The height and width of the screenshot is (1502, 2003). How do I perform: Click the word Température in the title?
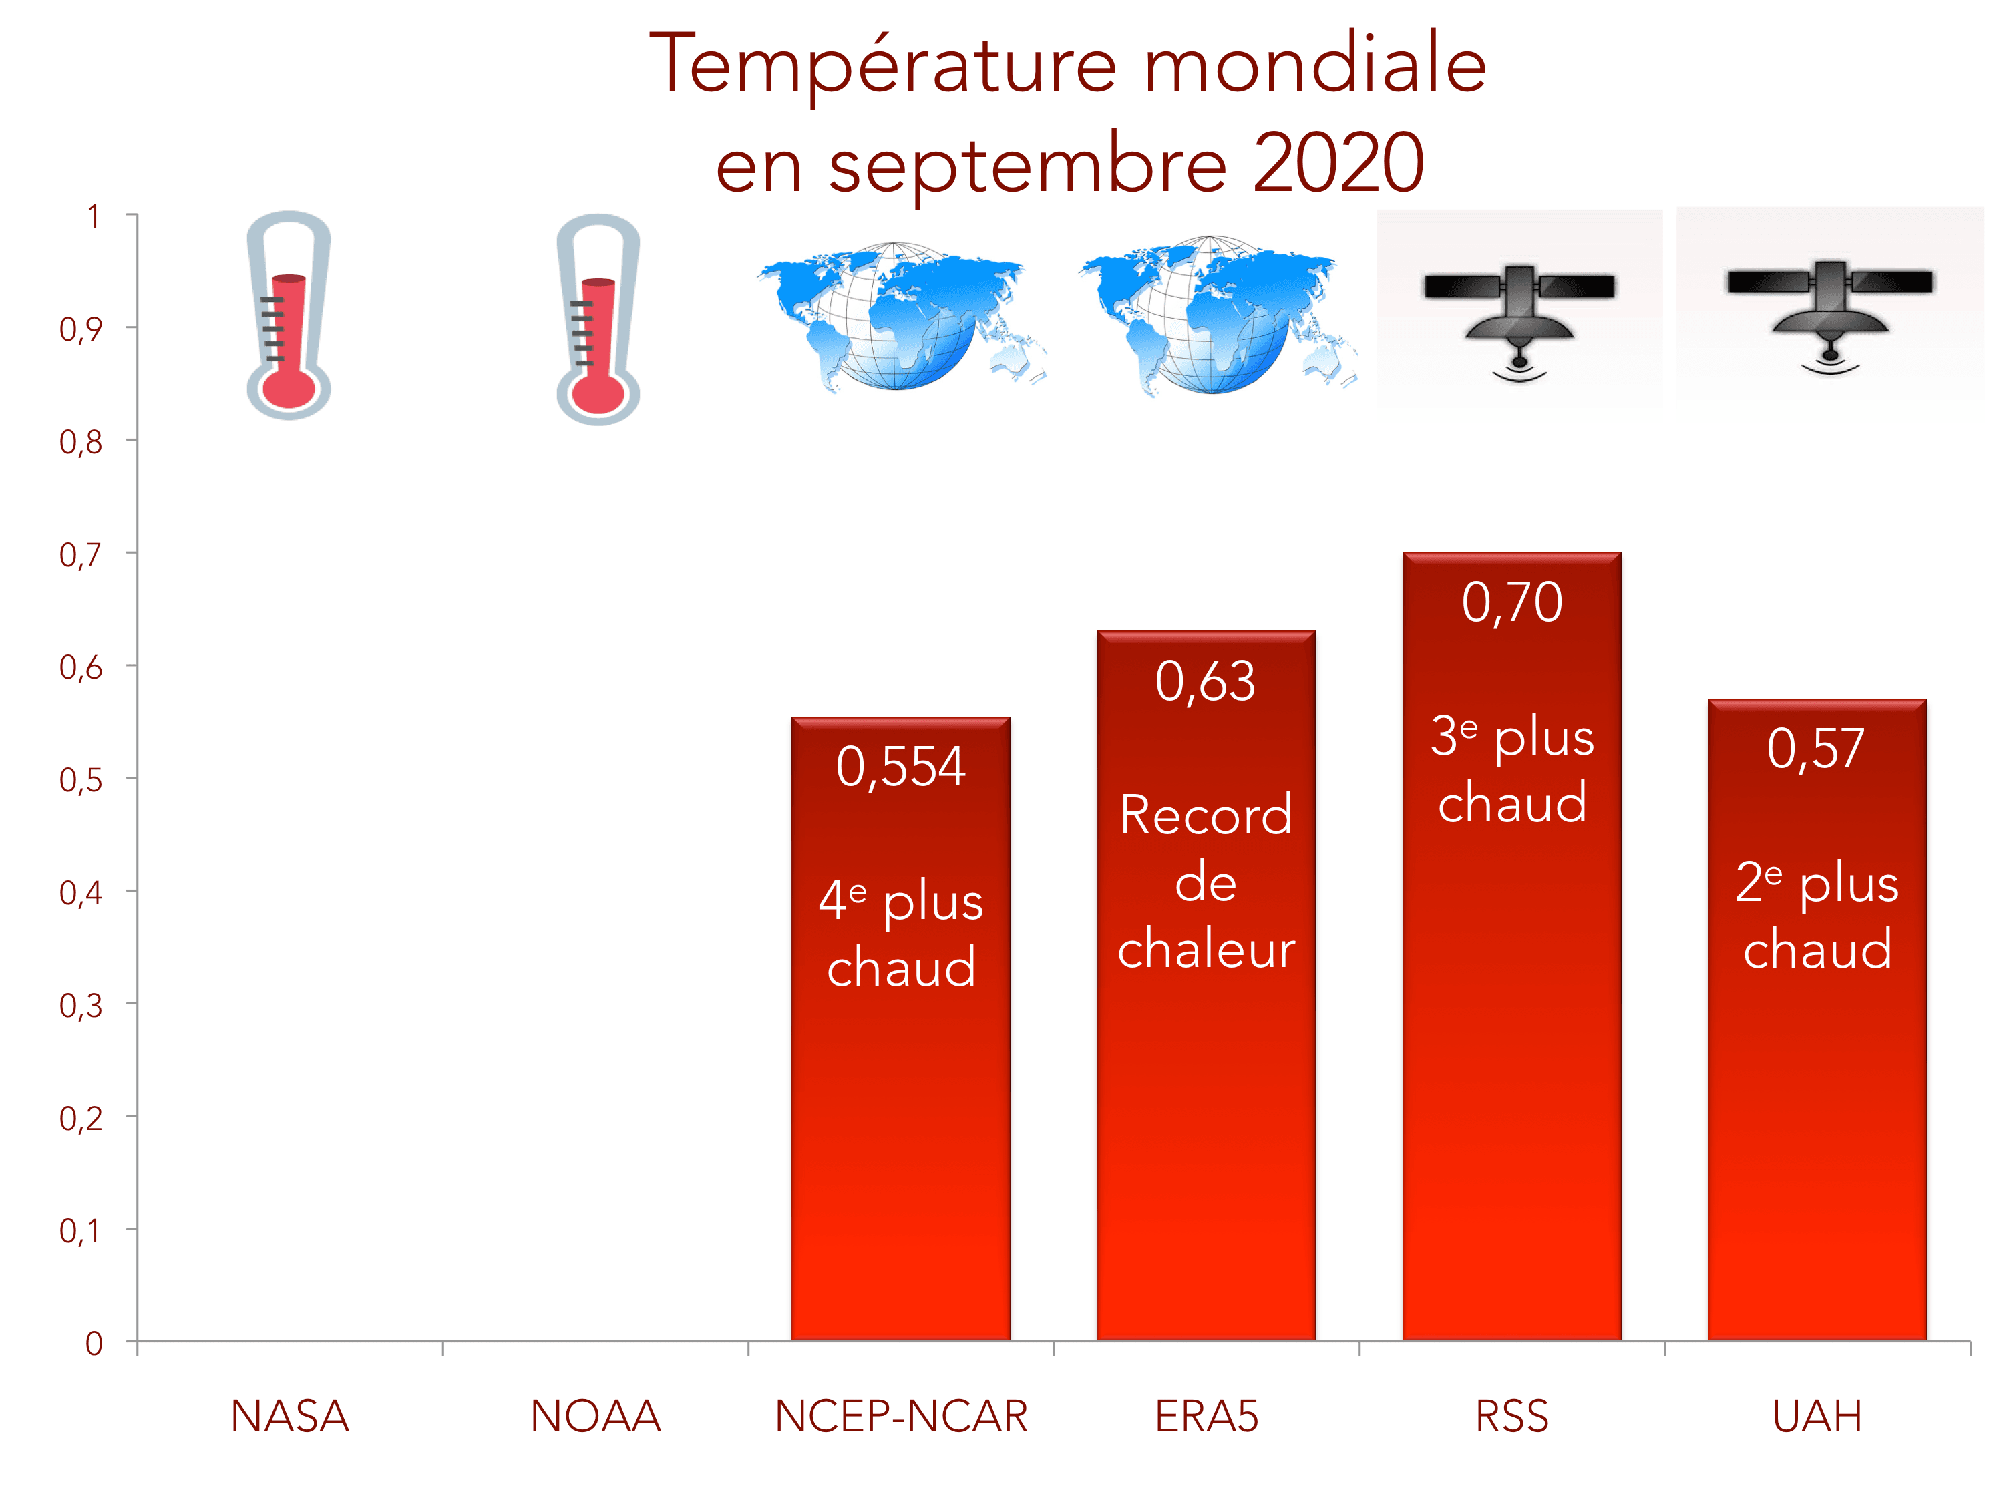coord(883,65)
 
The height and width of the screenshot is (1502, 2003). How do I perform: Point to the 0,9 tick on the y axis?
coord(81,329)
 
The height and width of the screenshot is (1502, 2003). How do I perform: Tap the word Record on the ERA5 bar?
coord(1206,815)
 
